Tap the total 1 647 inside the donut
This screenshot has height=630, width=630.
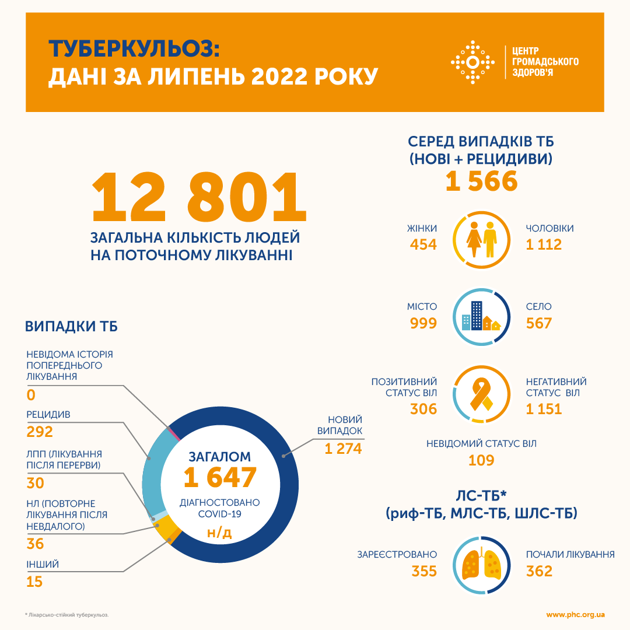(x=220, y=478)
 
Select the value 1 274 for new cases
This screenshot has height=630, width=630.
(x=344, y=449)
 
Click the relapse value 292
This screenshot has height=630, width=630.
(x=40, y=432)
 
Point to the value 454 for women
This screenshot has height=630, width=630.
(x=423, y=244)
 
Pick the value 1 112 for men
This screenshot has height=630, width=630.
(x=544, y=244)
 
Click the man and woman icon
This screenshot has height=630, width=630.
(x=482, y=239)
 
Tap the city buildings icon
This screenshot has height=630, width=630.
(x=482, y=316)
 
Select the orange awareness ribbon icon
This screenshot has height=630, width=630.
(x=482, y=394)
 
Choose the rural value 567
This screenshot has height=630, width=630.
(x=539, y=323)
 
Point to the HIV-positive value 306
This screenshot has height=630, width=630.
(x=423, y=409)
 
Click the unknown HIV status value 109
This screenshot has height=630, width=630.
(x=481, y=460)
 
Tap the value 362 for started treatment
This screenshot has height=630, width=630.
(x=539, y=571)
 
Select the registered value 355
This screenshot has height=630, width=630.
(x=423, y=571)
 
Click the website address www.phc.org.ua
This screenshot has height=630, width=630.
(x=575, y=615)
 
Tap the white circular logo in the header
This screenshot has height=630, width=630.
(x=474, y=62)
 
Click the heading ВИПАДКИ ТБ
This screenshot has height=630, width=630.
(x=71, y=326)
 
